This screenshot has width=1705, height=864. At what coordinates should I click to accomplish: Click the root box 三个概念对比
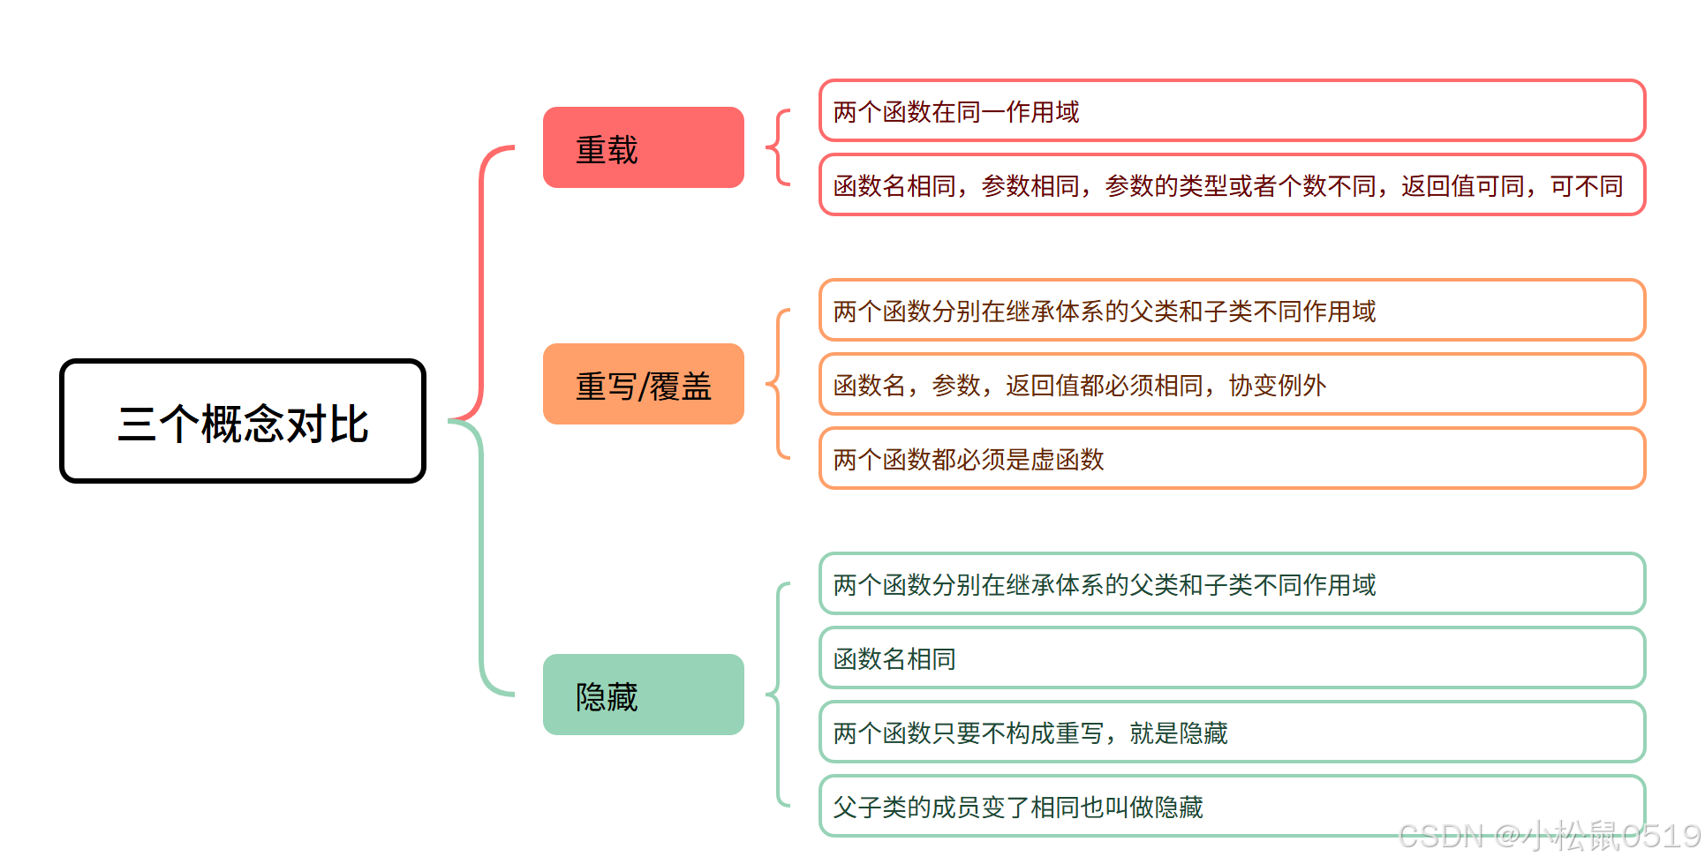click(x=243, y=422)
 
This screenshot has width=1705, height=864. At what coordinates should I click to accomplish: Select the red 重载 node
click(x=643, y=148)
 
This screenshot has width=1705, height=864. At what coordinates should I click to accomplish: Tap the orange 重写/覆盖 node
click(x=643, y=385)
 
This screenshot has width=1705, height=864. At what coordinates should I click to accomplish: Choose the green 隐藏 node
click(x=643, y=695)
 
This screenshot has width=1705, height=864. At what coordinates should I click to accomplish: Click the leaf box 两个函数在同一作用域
click(x=1232, y=111)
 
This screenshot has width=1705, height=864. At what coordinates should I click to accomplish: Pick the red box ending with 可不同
click(x=1232, y=185)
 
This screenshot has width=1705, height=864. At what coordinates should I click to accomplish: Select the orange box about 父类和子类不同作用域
click(x=1232, y=311)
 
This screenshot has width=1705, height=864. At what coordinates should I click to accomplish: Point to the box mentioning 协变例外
click(x=1232, y=385)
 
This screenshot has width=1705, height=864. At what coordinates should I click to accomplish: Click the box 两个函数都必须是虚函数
click(x=1232, y=459)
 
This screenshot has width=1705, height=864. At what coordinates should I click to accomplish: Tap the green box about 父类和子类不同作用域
click(x=1232, y=584)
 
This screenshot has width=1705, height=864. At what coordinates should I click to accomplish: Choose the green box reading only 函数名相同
click(x=1232, y=658)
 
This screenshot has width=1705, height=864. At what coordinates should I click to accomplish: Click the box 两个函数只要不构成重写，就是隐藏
click(x=1232, y=733)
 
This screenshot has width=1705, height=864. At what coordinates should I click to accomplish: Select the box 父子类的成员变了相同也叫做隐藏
click(x=1232, y=805)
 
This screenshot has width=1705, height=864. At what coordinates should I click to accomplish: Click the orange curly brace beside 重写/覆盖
click(x=778, y=384)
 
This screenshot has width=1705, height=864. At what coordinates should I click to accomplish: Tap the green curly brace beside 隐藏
click(x=778, y=695)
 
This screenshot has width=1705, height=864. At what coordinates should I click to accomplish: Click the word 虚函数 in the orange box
click(x=1068, y=460)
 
